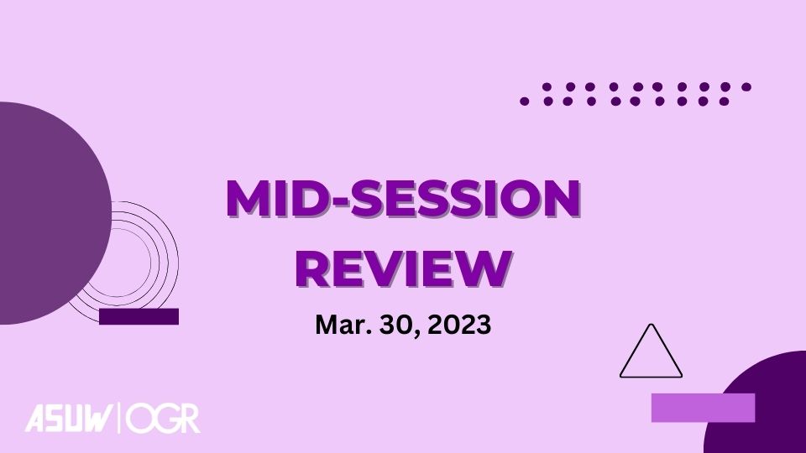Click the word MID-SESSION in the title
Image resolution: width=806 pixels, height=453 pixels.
(404, 198)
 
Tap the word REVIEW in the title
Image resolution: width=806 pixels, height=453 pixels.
(404, 268)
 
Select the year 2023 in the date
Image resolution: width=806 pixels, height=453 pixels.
(459, 325)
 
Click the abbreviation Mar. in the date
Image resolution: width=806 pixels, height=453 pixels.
(343, 325)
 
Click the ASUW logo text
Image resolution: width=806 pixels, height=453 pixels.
(69, 418)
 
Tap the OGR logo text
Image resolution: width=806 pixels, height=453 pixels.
(163, 418)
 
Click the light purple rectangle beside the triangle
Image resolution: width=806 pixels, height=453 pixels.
(703, 408)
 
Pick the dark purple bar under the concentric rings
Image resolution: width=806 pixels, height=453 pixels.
(139, 316)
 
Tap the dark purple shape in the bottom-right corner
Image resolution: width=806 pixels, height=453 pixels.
(756, 404)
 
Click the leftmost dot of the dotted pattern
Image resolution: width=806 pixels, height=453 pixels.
(524, 102)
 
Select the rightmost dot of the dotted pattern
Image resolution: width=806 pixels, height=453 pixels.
(746, 86)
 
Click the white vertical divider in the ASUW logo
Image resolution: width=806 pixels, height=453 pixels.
(120, 418)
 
